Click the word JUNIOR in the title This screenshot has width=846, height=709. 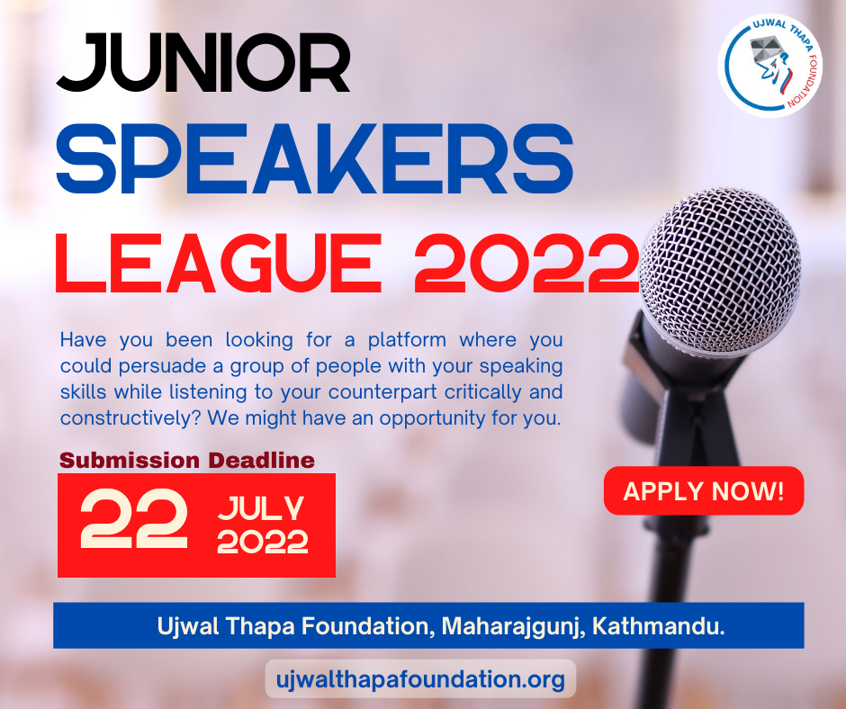pyautogui.click(x=203, y=63)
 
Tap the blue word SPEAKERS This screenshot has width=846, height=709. pyautogui.click(x=315, y=158)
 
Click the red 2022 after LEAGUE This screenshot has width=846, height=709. pyautogui.click(x=526, y=264)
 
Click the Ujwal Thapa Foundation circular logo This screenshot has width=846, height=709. pyautogui.click(x=770, y=66)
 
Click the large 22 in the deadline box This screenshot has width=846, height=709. pyautogui.click(x=134, y=519)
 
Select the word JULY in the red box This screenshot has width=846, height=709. pyautogui.click(x=261, y=508)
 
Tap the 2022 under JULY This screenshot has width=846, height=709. pyautogui.click(x=262, y=542)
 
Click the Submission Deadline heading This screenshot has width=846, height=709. pyautogui.click(x=187, y=461)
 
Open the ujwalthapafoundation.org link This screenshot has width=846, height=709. pyautogui.click(x=420, y=678)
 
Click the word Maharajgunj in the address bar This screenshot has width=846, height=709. pyautogui.click(x=513, y=627)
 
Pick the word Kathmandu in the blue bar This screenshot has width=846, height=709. pyautogui.click(x=658, y=626)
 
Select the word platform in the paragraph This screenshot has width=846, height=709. pyautogui.click(x=408, y=340)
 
